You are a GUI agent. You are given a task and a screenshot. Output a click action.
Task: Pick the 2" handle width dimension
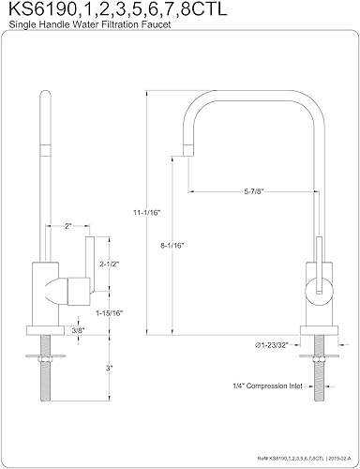(70, 226)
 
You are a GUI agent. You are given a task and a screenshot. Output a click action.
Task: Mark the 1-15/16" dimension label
(113, 312)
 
